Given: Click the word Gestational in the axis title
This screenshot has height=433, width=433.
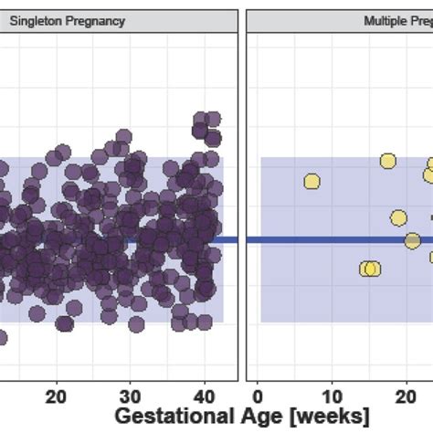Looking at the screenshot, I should coord(165,417).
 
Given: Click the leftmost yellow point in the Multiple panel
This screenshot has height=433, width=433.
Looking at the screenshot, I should coord(312,181).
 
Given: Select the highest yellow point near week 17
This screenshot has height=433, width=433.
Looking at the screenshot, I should coord(387,162).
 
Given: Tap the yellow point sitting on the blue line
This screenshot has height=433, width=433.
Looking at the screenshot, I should coord(412,240).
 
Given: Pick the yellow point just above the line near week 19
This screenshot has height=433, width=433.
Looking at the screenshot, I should coord(398,217).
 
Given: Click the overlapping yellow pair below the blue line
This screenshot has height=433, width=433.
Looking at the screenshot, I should coord(369,269).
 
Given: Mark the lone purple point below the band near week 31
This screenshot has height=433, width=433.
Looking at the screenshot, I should coord(136,323).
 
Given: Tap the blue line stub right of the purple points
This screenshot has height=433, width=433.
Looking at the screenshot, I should coord(229,240).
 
